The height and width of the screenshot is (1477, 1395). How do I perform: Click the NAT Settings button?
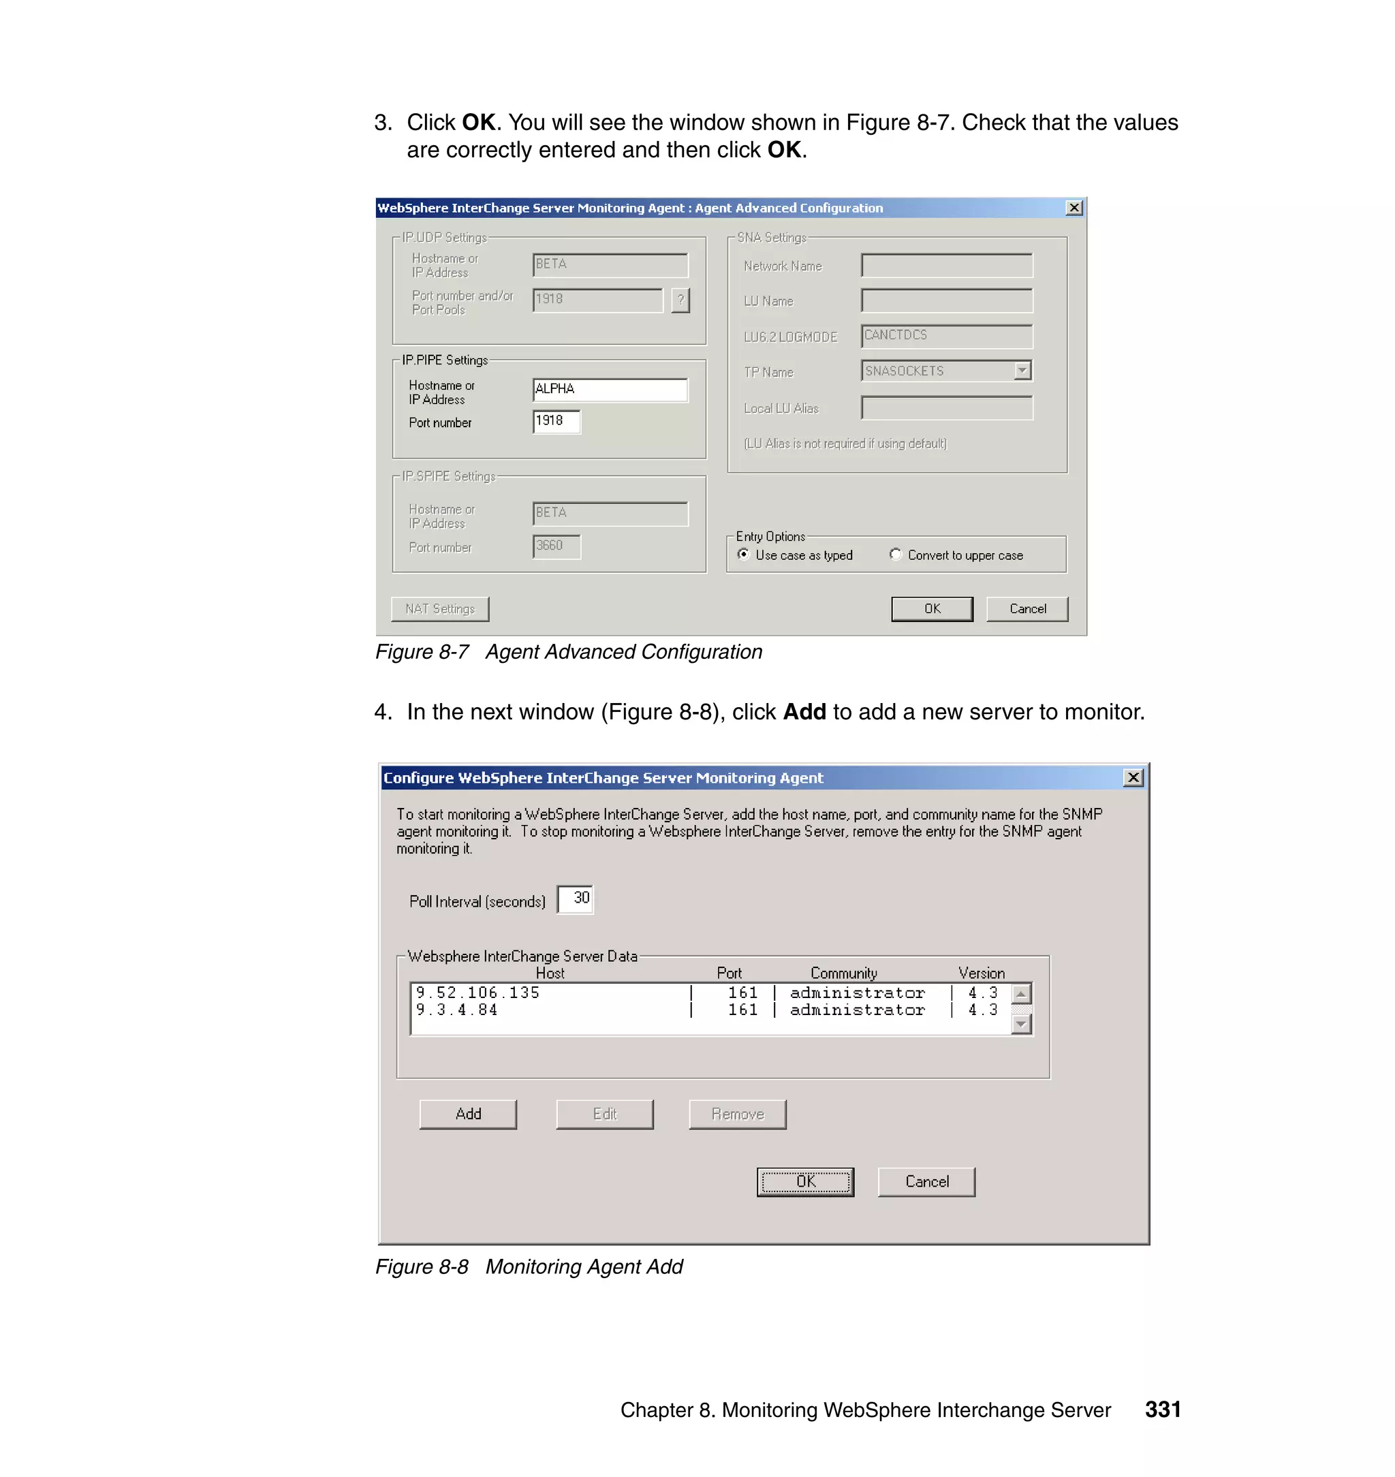click(x=439, y=609)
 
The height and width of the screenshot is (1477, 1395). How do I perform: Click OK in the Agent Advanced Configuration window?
click(x=931, y=609)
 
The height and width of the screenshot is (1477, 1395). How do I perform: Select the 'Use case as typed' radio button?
click(x=743, y=555)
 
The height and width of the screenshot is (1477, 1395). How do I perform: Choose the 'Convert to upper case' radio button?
click(x=895, y=555)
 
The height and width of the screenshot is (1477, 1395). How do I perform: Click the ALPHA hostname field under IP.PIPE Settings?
click(x=610, y=390)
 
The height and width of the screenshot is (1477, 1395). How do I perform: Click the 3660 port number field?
click(x=557, y=546)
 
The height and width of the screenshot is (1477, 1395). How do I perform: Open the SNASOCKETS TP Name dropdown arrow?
click(x=1022, y=371)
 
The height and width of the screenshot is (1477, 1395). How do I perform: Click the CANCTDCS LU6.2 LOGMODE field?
click(x=946, y=336)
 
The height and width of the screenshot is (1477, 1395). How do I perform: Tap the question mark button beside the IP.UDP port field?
click(x=680, y=300)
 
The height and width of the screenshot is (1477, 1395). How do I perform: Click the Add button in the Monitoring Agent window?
click(x=468, y=1114)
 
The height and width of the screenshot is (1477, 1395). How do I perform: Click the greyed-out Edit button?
click(x=605, y=1114)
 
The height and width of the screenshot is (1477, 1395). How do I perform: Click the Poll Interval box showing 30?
click(x=576, y=899)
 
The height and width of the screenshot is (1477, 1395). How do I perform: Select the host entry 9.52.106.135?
click(x=478, y=993)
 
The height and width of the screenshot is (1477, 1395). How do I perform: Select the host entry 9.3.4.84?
click(x=457, y=1010)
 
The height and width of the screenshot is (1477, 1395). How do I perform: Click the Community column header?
click(x=843, y=974)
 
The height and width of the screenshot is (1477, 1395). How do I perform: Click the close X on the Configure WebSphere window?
click(x=1133, y=778)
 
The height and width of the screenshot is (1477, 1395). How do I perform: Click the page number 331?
click(x=1162, y=1410)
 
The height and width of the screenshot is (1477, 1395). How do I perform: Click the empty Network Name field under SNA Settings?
click(x=946, y=266)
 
